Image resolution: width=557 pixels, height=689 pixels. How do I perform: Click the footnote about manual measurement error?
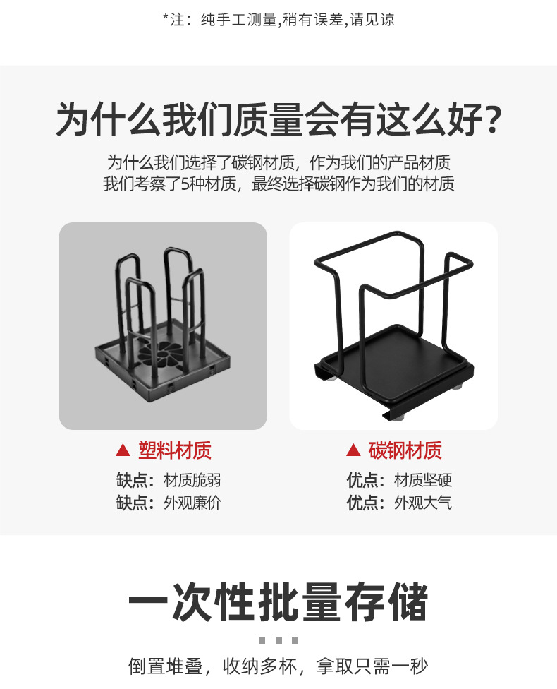point(278,20)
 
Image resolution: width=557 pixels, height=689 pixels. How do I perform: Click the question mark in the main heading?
point(485,121)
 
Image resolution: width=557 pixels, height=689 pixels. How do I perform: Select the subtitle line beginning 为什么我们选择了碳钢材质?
point(278,162)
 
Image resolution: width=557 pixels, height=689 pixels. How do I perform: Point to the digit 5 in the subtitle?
point(186,185)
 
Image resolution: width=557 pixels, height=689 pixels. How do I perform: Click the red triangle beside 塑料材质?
point(123,450)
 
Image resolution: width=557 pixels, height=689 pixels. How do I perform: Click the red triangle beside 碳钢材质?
point(353,450)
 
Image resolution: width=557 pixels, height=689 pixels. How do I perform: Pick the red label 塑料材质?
point(175,450)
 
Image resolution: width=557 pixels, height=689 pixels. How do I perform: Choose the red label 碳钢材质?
point(405,450)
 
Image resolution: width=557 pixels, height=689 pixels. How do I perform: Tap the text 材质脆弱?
point(192,481)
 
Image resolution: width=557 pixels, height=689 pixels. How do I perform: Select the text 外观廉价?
point(192,503)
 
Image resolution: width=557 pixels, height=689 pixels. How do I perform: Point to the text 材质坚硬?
point(423,481)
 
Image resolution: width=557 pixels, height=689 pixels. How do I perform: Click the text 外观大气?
point(423,503)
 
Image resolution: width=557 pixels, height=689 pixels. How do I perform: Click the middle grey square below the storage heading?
point(278,640)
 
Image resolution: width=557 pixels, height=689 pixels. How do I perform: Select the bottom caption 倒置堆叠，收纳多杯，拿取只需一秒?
point(278,666)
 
